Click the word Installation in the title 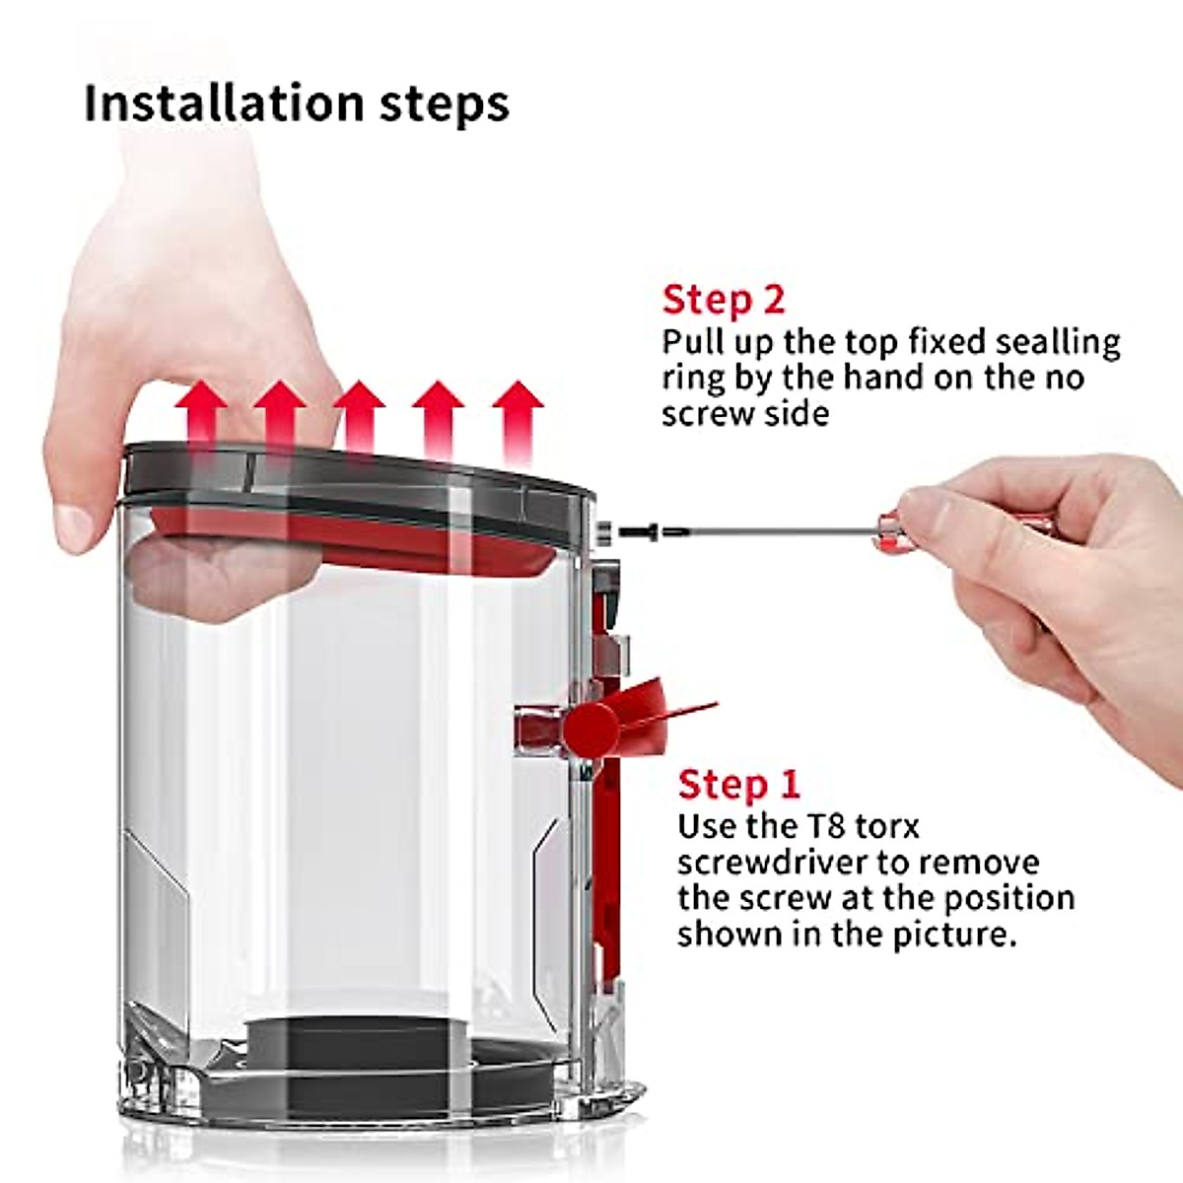coord(224,103)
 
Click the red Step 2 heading coord(724,302)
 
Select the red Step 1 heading coord(739,785)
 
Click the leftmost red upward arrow coord(201,424)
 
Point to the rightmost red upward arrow coord(518,424)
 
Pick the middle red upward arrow coord(359,424)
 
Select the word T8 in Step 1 coord(823,826)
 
